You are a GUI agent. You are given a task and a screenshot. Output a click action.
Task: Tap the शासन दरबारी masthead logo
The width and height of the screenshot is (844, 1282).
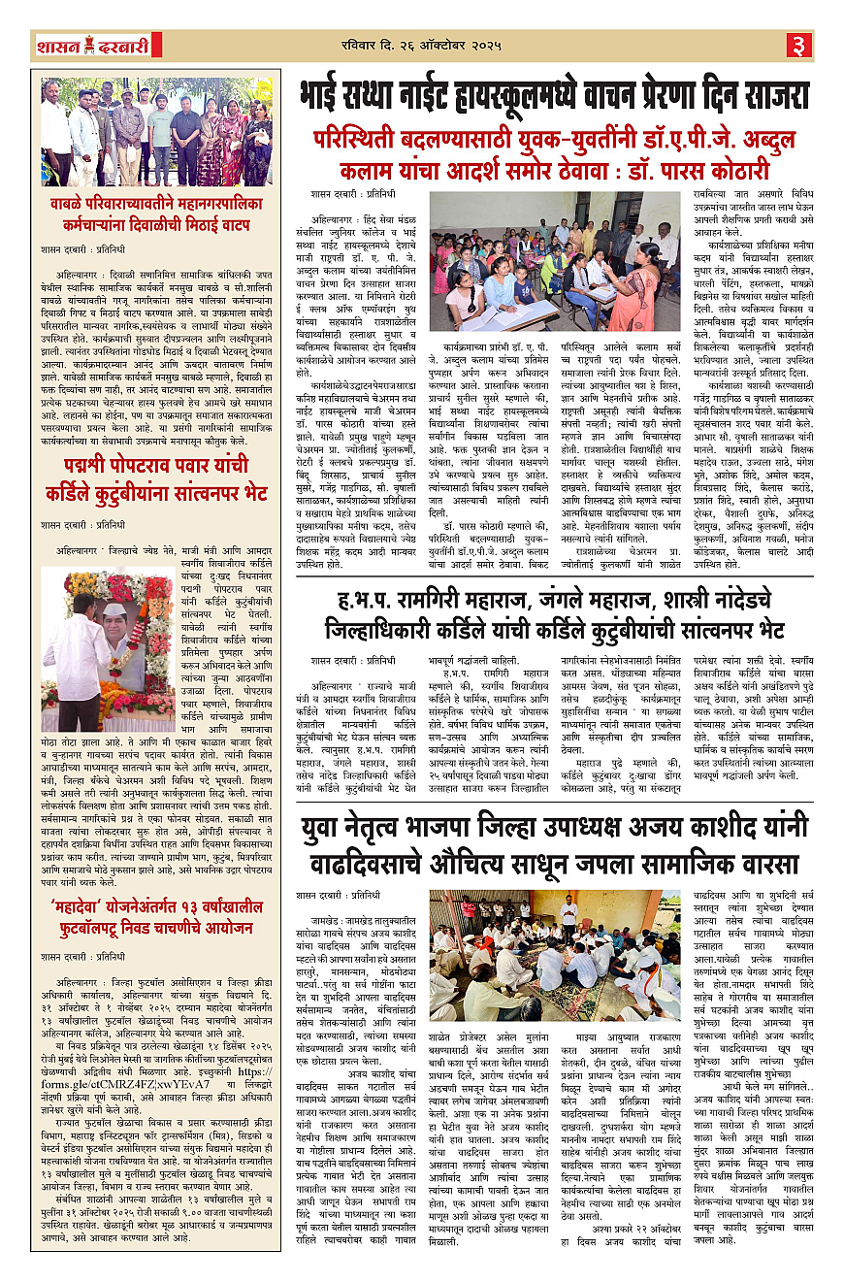point(79,45)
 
